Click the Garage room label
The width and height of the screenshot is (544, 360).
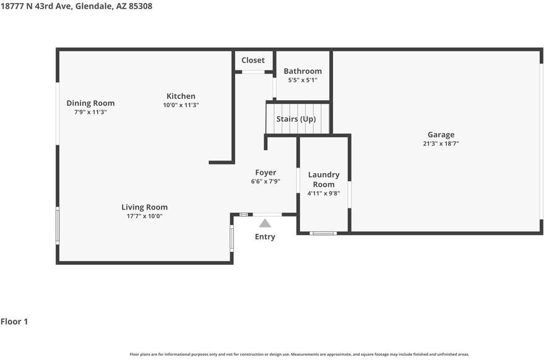pos(441,135)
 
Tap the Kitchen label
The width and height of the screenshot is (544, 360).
pos(181,96)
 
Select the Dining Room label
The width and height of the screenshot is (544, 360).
pos(90,103)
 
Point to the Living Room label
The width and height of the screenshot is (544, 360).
pos(144,207)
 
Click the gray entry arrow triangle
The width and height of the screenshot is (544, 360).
pos(265,223)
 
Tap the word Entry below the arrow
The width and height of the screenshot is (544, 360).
pos(265,236)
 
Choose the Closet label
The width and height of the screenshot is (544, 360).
pos(253,60)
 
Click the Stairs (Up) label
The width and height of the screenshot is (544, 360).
pos(296,119)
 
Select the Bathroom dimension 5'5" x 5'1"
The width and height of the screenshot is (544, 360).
pos(303,80)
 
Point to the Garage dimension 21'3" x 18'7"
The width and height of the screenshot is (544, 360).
pos(441,144)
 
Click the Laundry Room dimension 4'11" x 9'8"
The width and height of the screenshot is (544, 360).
pos(324,193)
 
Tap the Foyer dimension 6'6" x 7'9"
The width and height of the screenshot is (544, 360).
pos(266,181)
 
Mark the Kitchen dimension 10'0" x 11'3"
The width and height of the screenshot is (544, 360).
pos(181,105)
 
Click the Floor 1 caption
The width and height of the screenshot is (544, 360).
pos(14,322)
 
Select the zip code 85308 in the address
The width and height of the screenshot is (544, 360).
pos(140,6)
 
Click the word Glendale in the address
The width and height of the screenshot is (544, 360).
pos(93,6)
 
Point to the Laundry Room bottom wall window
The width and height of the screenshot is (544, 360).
pos(323,233)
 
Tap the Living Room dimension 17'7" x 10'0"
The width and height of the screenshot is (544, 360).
pos(144,216)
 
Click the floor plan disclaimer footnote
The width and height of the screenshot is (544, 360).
pos(300,354)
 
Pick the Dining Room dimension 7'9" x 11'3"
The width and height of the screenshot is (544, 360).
pos(90,112)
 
